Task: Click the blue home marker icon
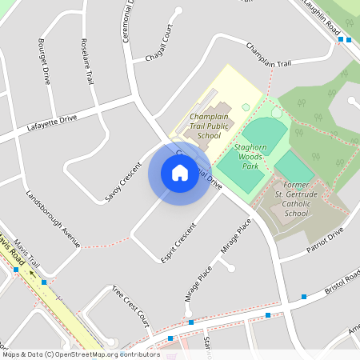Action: click(179, 172)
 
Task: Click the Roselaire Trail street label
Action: click(87, 60)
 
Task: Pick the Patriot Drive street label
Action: click(323, 238)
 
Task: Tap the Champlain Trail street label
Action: click(269, 54)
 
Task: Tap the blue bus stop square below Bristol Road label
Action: click(304, 298)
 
